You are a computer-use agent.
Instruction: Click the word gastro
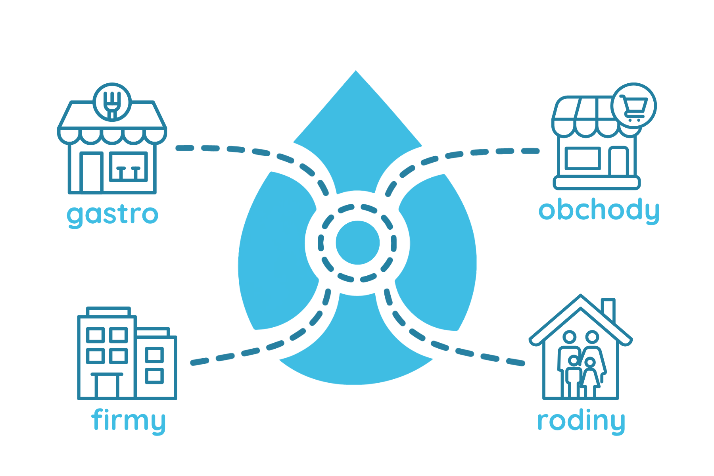[x=113, y=215]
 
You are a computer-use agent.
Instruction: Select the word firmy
[x=128, y=420]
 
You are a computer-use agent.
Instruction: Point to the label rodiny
[x=581, y=421]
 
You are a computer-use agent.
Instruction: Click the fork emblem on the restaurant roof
[x=112, y=102]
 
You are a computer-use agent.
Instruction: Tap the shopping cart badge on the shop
[x=634, y=106]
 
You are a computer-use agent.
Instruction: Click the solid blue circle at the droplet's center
[x=357, y=242]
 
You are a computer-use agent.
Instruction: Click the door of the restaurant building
[x=91, y=172]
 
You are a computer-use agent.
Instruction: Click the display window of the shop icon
[x=582, y=158]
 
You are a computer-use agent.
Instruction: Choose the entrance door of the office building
[x=107, y=385]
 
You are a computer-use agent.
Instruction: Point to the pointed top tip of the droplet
[x=356, y=71]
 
